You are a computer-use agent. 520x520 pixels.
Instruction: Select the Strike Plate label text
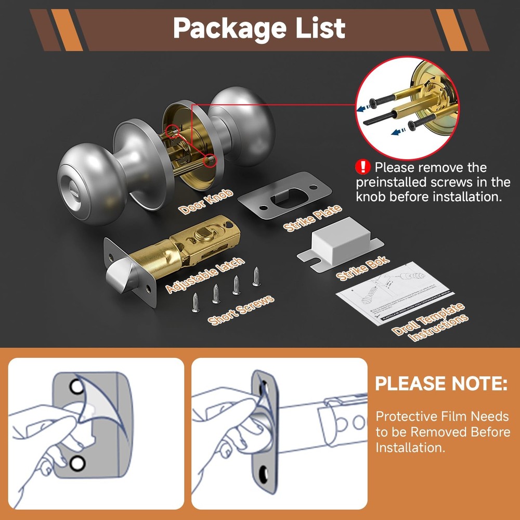pos(312,218)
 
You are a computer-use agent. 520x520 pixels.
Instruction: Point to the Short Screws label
pos(241,310)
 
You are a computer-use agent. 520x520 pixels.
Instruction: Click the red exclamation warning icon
pos(362,167)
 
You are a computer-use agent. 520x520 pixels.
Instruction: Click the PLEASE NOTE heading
pos(441,384)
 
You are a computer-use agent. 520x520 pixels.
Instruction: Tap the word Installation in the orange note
pos(410,447)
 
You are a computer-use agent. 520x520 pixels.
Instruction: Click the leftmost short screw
pos(196,302)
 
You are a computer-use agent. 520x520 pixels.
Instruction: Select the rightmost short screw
pos(256,276)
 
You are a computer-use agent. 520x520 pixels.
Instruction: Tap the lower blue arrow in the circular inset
pos(399,133)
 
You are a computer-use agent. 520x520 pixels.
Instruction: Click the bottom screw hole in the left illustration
pos(77,462)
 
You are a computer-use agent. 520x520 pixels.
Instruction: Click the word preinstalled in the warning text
pos(403,183)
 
